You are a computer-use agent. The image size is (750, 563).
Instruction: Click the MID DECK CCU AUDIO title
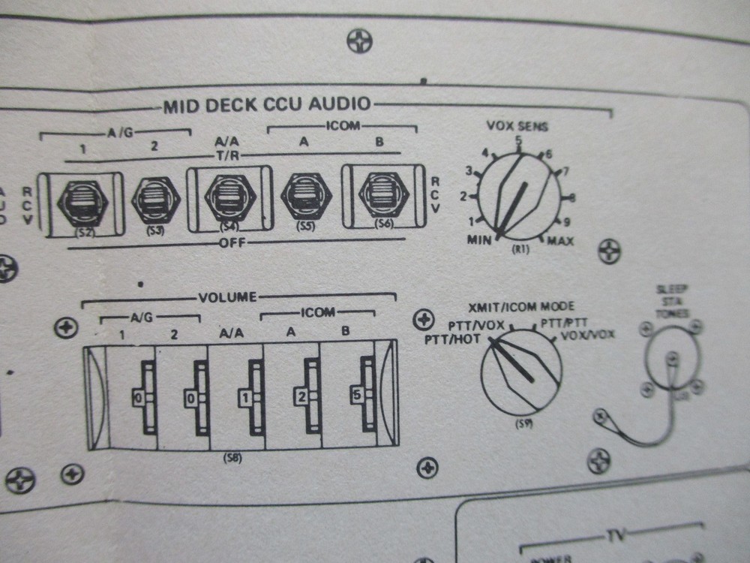pyautogui.click(x=266, y=105)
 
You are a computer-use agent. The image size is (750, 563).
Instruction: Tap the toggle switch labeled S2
pyautogui.click(x=82, y=200)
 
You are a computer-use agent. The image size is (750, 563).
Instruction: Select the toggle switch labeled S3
pyautogui.click(x=155, y=200)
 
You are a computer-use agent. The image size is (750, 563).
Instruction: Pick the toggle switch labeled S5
pyautogui.click(x=304, y=197)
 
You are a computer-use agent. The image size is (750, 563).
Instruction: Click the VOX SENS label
pyautogui.click(x=517, y=126)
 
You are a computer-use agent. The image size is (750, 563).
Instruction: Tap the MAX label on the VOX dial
pyautogui.click(x=560, y=242)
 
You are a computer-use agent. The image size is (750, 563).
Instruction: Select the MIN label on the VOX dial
pyautogui.click(x=479, y=239)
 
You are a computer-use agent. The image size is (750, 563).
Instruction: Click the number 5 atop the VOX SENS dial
pyautogui.click(x=518, y=140)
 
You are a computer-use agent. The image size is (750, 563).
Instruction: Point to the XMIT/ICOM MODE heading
pyautogui.click(x=521, y=306)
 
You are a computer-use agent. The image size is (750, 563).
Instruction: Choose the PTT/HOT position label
pyautogui.click(x=448, y=340)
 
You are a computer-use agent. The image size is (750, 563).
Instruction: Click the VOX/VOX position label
pyautogui.click(x=588, y=334)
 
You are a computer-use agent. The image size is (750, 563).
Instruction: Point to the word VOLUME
pyautogui.click(x=228, y=297)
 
